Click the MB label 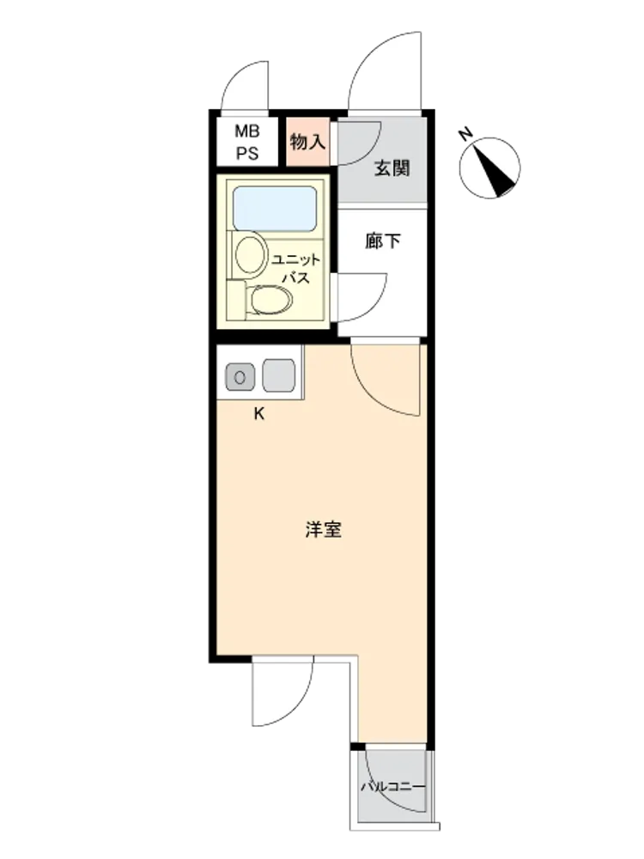[x=247, y=131]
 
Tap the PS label [x=247, y=153]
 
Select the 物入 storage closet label [x=307, y=142]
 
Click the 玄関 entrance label [x=392, y=168]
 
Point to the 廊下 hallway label [x=383, y=241]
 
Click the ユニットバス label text [x=295, y=268]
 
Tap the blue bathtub [x=275, y=208]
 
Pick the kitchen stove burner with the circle [x=240, y=377]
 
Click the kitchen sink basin [x=279, y=376]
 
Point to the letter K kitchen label [x=259, y=414]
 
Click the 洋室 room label [x=323, y=529]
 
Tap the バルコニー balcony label [x=392, y=787]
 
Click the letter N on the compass [x=465, y=134]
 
